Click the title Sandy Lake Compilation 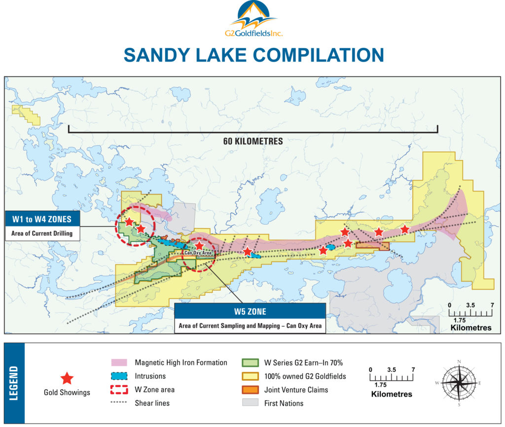tap(253, 55)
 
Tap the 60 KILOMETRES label tap(253, 141)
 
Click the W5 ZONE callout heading tap(250, 311)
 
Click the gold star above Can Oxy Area tap(199, 245)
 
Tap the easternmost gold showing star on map tap(405, 229)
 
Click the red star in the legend tap(67, 378)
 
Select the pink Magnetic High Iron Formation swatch tap(120, 362)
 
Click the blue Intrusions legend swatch tap(120, 376)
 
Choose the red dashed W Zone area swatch tap(120, 390)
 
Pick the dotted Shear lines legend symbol tap(120, 403)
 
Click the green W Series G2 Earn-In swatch tap(251, 363)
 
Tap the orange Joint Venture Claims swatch tap(251, 390)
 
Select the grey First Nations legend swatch tap(251, 403)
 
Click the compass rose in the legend tap(459, 383)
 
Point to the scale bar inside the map tap(470, 313)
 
